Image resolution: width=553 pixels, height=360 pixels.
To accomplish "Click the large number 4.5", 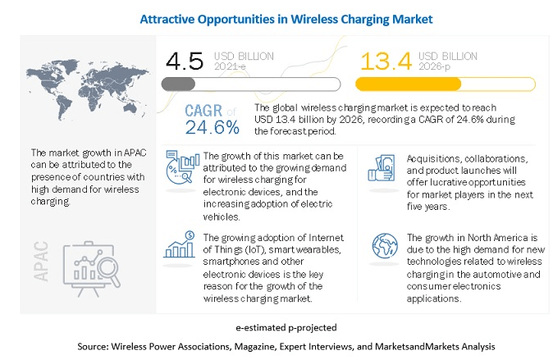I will pos(185,61).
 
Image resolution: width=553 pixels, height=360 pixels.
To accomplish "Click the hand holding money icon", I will pos(384,168).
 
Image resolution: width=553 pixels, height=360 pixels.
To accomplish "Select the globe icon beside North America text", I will pos(384,247).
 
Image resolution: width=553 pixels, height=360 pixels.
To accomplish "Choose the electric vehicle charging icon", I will pos(183,166).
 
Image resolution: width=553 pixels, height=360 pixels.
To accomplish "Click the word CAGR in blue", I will pos(199,111).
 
